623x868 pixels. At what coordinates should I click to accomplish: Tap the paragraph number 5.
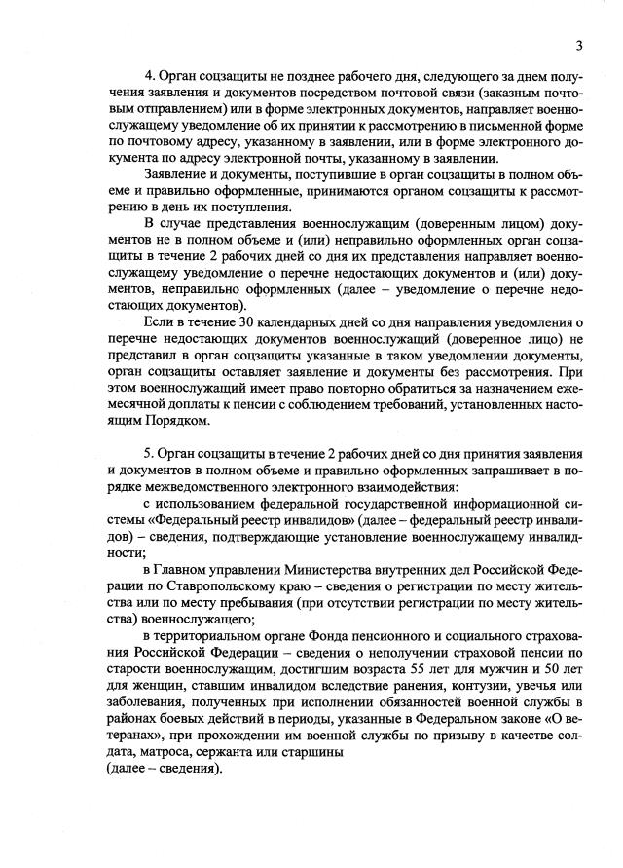coord(148,456)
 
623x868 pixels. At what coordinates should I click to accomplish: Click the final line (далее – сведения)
coord(156,768)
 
